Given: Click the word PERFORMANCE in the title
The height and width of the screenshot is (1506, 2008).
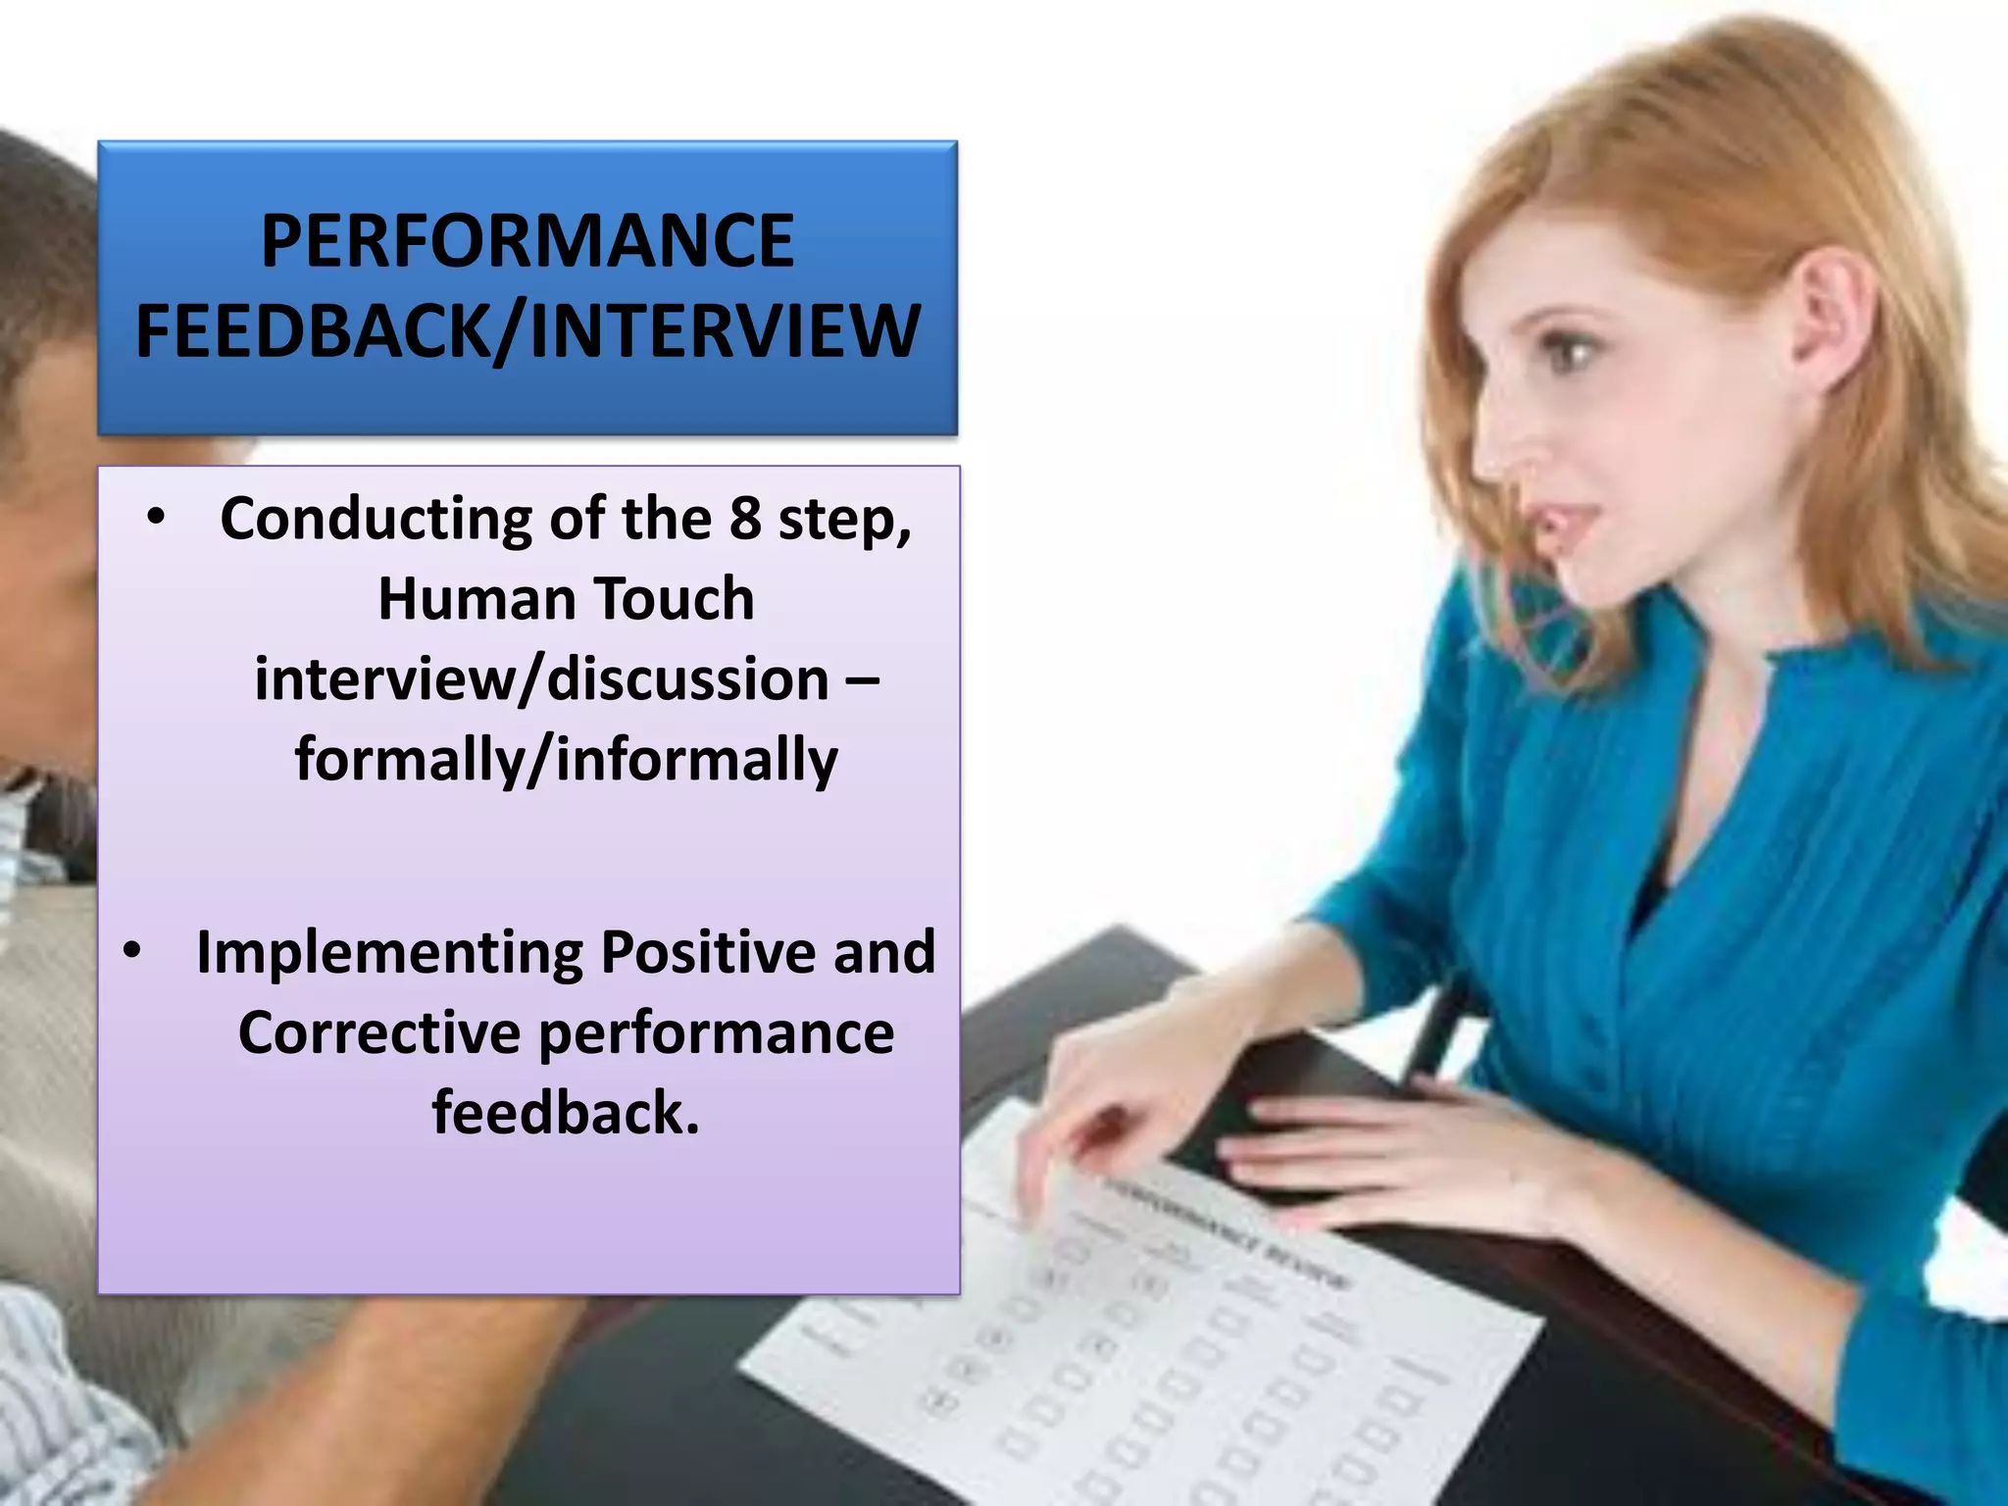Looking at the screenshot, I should tap(527, 241).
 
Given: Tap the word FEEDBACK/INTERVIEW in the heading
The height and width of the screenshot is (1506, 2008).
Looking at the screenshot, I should tap(527, 330).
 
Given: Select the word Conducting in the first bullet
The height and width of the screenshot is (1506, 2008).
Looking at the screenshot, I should tap(376, 518).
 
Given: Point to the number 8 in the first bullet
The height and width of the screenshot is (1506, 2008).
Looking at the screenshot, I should tap(745, 518).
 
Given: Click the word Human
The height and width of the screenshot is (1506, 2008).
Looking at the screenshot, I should tap(477, 598).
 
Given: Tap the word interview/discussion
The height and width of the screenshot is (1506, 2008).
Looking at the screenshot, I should tap(541, 679).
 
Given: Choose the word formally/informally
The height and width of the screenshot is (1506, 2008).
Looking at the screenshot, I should tap(567, 760).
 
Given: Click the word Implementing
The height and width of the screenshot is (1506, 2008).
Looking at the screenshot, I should tap(389, 953).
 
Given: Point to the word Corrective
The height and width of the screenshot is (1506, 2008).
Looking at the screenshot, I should tap(379, 1032).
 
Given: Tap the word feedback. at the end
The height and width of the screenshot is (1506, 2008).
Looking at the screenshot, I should tap(566, 1113).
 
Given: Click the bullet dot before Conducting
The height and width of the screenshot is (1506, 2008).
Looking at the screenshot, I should tap(156, 518).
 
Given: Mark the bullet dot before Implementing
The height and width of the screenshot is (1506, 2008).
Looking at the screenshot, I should tap(132, 950).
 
